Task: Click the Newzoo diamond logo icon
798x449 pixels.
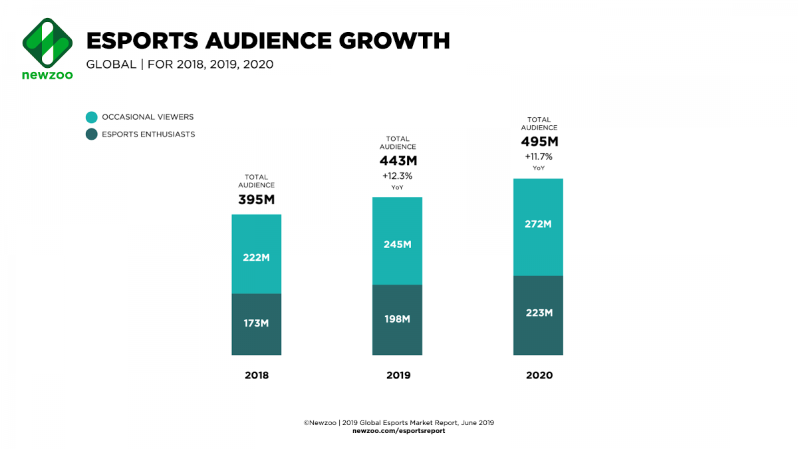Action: (x=47, y=41)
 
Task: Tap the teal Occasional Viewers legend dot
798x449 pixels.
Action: (x=92, y=117)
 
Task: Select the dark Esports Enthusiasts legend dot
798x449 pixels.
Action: (x=92, y=134)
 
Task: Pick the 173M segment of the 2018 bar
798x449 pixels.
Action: (x=257, y=324)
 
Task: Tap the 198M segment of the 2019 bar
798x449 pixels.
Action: (x=398, y=320)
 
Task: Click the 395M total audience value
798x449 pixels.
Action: (x=257, y=200)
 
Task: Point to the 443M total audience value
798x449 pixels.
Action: (x=398, y=161)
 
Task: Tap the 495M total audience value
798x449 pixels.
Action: (x=539, y=142)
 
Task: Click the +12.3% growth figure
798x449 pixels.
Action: (x=398, y=176)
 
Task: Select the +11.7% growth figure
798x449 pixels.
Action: (x=539, y=157)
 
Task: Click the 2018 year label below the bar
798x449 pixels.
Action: (x=257, y=375)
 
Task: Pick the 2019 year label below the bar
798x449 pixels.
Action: (x=398, y=375)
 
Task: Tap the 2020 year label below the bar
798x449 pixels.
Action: (x=539, y=375)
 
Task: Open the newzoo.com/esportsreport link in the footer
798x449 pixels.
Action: (x=398, y=431)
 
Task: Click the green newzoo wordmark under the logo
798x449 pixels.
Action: (x=47, y=75)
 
